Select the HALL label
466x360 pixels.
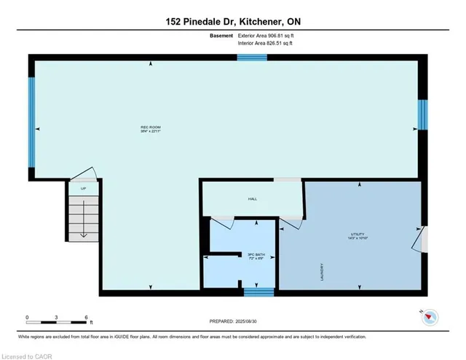point(252,198)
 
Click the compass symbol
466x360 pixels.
point(430,316)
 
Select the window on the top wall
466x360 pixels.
point(252,57)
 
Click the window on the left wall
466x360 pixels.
point(31,101)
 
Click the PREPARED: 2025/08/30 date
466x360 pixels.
point(233,321)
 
